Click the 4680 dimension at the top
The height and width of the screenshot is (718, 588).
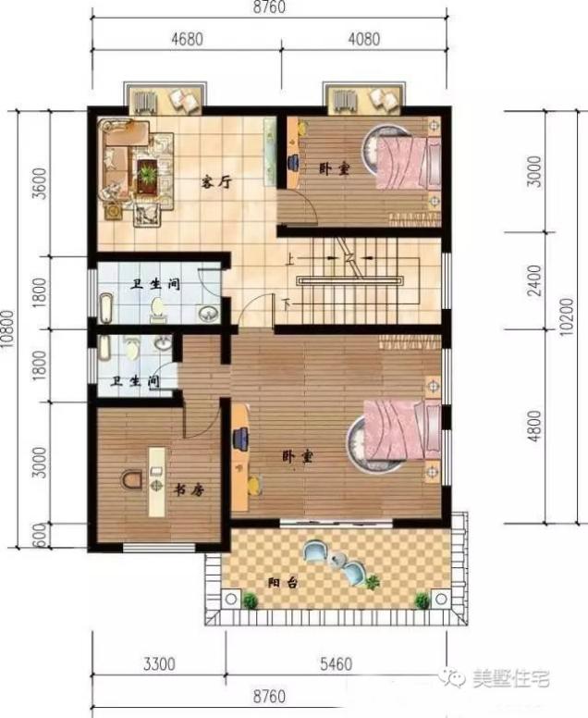pyautogui.click(x=186, y=40)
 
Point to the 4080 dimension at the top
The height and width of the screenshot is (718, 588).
pyautogui.click(x=366, y=40)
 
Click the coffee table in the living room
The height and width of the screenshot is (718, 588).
pyautogui.click(x=147, y=173)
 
